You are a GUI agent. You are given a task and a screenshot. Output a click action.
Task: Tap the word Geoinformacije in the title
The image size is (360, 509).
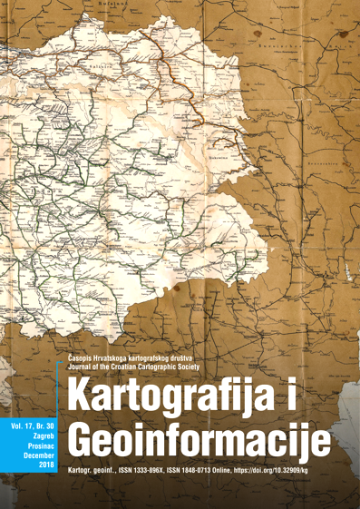coord(204,443)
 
